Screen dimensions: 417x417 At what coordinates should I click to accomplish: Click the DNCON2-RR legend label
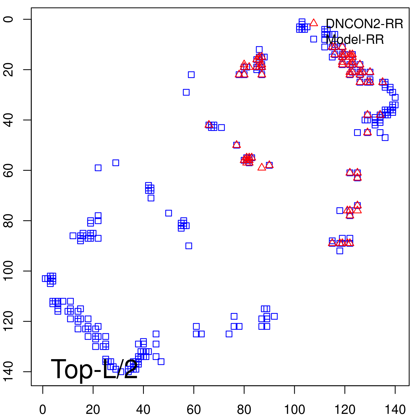pos(364,24)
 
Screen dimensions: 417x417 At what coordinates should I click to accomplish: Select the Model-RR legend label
pos(355,40)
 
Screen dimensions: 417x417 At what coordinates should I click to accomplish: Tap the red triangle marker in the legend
pos(314,23)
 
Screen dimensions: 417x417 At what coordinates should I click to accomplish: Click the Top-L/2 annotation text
pos(94,369)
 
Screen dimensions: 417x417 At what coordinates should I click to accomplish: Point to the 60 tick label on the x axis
pos(194,410)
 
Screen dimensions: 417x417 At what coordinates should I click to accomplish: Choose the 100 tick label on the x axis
pos(295,410)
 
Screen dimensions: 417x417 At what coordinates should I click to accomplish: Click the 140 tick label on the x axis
pos(395,410)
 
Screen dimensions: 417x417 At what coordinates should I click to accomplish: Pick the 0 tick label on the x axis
pos(43,410)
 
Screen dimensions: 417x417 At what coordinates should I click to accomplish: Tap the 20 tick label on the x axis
pos(93,410)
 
